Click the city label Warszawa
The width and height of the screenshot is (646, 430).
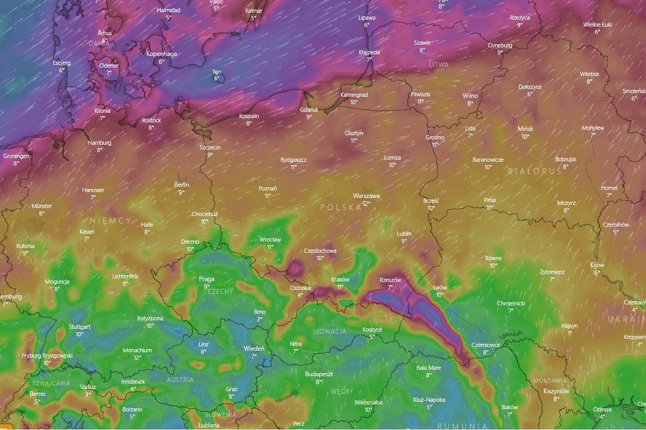coord(366,196)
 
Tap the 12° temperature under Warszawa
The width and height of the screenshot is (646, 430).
coord(366,203)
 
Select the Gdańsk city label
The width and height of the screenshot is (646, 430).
coord(309,110)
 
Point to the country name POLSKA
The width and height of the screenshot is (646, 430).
coord(341,208)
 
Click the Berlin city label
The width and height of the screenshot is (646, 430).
coord(182,185)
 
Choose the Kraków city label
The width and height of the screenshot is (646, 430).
coord(340,279)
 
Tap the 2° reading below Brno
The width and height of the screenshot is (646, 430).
coord(260,319)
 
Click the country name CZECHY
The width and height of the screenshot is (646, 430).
coord(220,292)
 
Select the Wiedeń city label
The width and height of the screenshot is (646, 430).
coord(254,349)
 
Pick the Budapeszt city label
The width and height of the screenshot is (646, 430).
coord(319,374)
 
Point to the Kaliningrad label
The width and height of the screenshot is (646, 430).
coord(354,95)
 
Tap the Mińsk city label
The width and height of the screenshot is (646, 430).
coord(525,129)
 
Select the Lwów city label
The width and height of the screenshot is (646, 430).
coord(440,287)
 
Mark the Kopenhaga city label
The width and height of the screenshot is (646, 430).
coord(161,54)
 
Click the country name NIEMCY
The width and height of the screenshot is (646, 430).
coord(110,220)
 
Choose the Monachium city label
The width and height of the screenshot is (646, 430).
coord(138,350)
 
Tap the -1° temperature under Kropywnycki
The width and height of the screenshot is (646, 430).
coord(639,344)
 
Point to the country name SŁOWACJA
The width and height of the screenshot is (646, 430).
coord(327,332)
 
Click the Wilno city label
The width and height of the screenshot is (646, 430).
coord(470,96)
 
